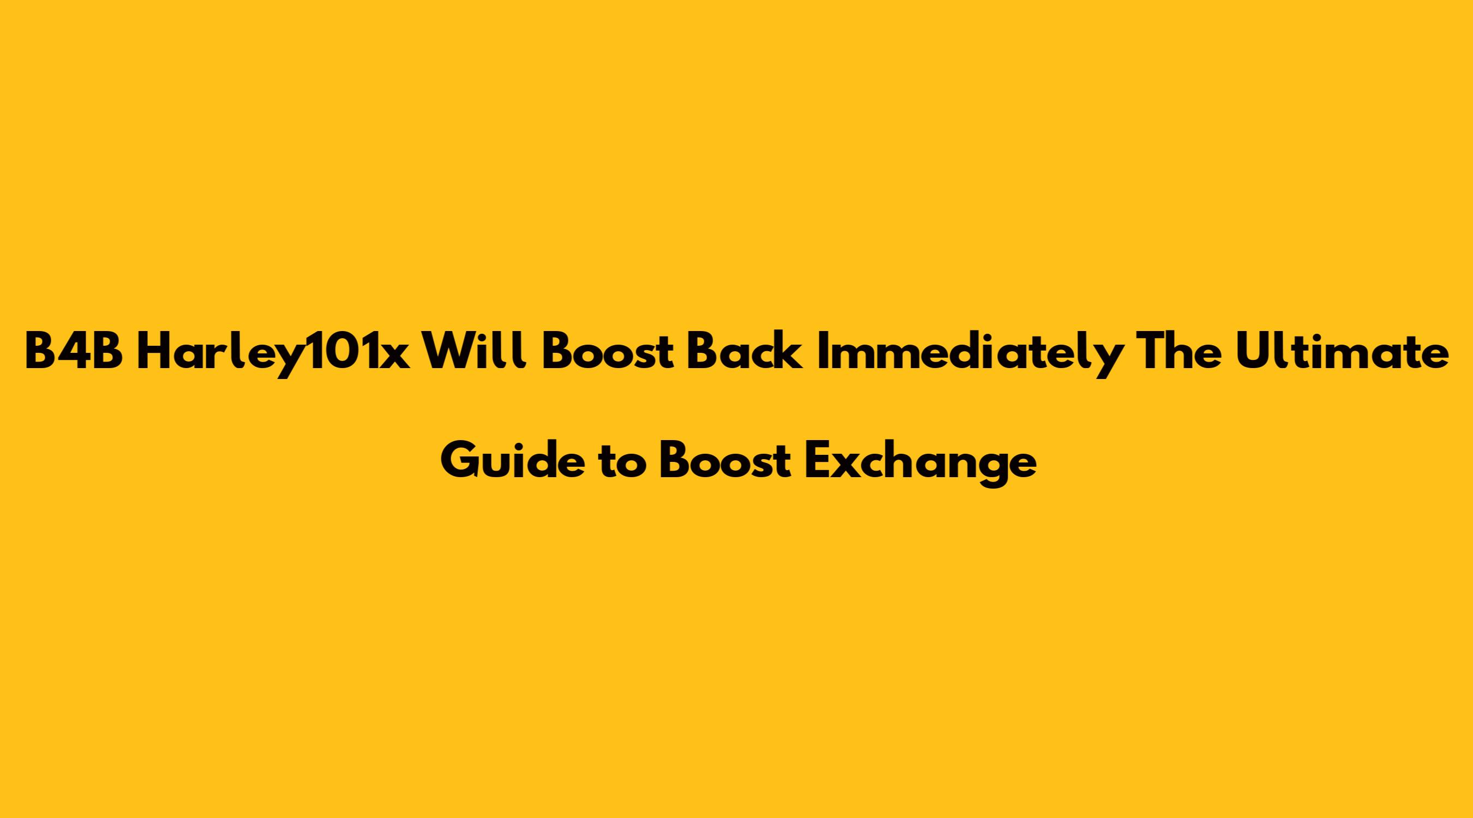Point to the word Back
[x=744, y=352]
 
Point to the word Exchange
[x=921, y=464]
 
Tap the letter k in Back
[x=787, y=353]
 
